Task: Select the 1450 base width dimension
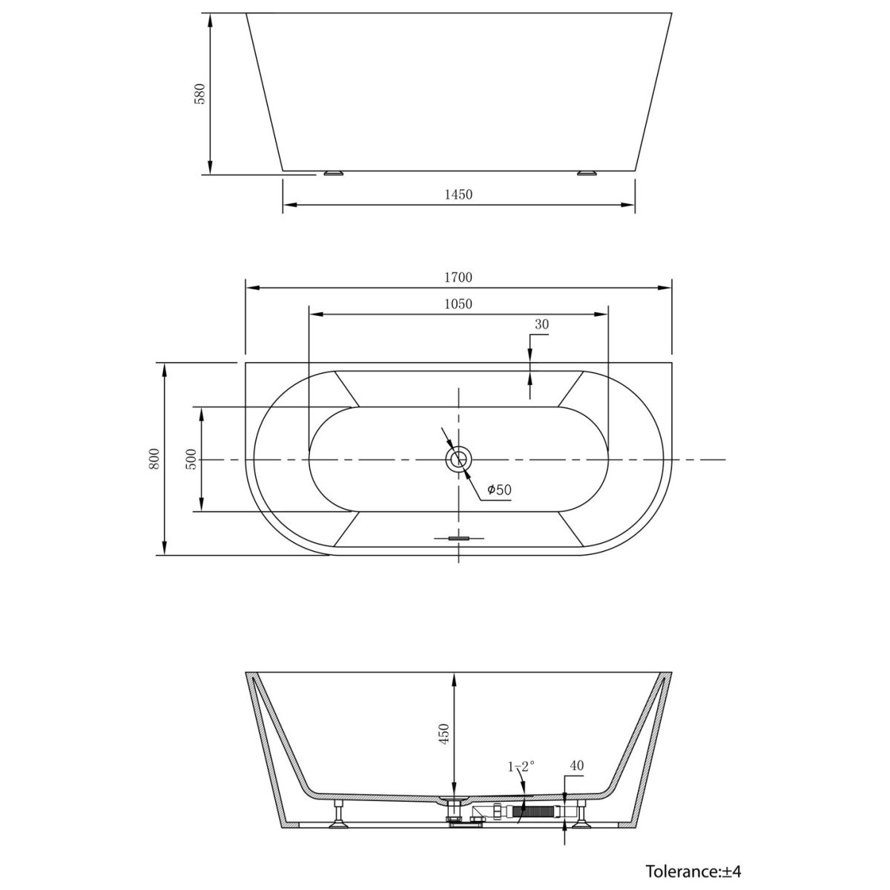(458, 194)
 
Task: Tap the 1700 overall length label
(458, 277)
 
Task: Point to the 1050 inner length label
(458, 304)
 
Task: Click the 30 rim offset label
(541, 324)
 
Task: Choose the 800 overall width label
(154, 459)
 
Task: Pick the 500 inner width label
(191, 459)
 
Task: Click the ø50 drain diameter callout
(499, 489)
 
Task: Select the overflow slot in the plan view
(458, 538)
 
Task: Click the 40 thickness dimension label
(577, 765)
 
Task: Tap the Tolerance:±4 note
(693, 871)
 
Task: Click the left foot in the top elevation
(333, 173)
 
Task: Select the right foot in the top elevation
(587, 173)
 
